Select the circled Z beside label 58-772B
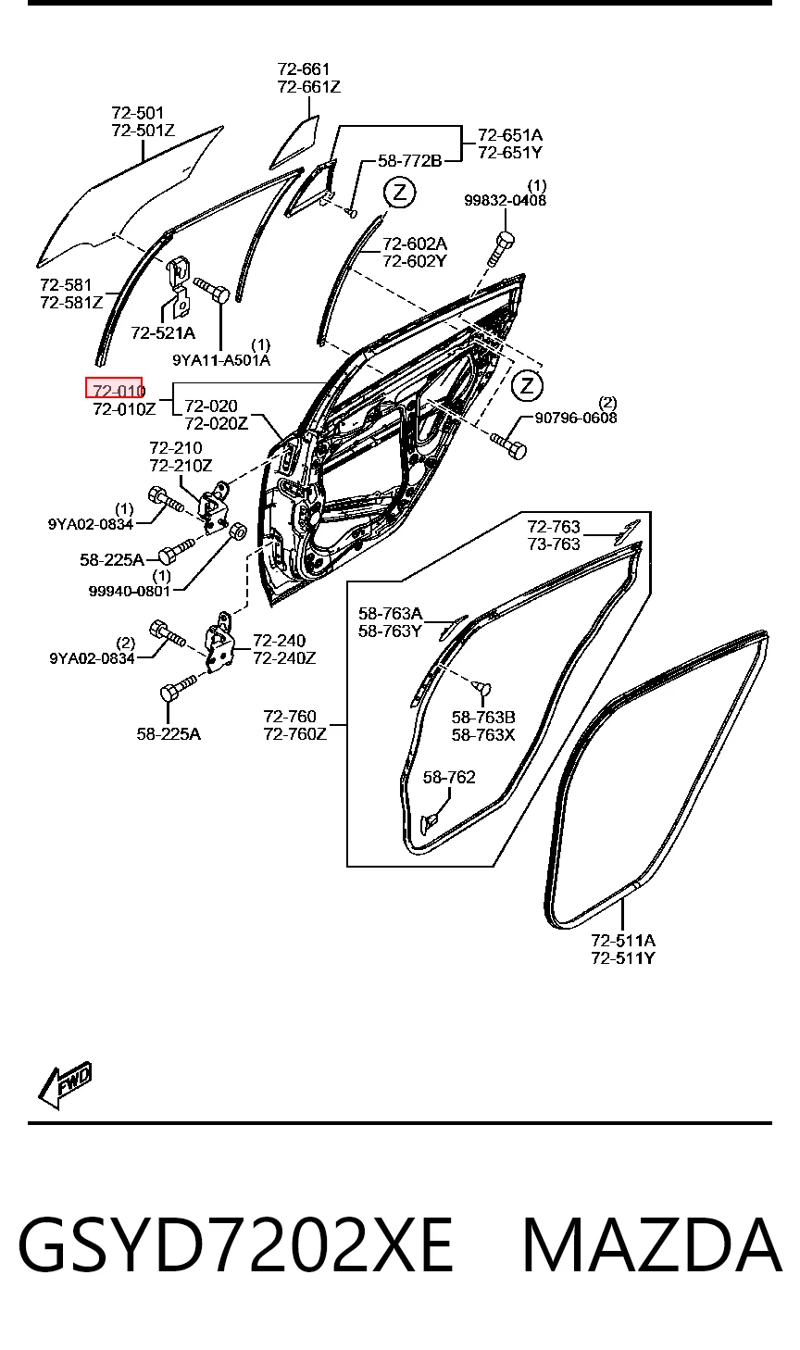pyautogui.click(x=400, y=193)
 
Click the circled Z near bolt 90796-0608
pyautogui.click(x=527, y=385)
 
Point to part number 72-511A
pyautogui.click(x=623, y=940)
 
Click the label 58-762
pyautogui.click(x=449, y=777)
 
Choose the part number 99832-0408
pyautogui.click(x=506, y=200)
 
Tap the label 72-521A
pyautogui.click(x=163, y=332)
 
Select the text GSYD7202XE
pyautogui.click(x=235, y=1244)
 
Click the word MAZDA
pyautogui.click(x=652, y=1244)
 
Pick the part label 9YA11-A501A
pyautogui.click(x=221, y=360)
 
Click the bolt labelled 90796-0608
pyautogui.click(x=509, y=445)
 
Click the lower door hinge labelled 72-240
pyautogui.click(x=219, y=644)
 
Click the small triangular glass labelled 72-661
pyautogui.click(x=295, y=144)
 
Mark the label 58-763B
pyautogui.click(x=483, y=718)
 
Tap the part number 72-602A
pyautogui.click(x=415, y=244)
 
